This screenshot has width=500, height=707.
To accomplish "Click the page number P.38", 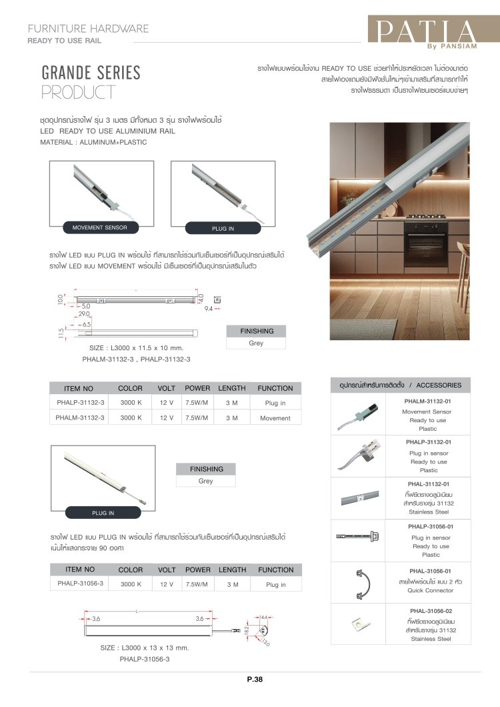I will pyautogui.click(x=255, y=680).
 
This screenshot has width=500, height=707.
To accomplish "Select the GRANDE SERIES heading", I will pyautogui.click(x=91, y=73).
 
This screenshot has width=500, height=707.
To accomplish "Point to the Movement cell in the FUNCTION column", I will pyautogui.click(x=275, y=418).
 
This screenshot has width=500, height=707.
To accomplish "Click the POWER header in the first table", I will pyautogui.click(x=197, y=388).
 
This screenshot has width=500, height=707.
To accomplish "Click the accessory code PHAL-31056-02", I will pyautogui.click(x=428, y=611).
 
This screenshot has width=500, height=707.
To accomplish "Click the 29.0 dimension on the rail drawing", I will pyautogui.click(x=84, y=313).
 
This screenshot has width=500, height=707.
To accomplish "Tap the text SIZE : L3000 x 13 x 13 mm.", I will pyautogui.click(x=145, y=648).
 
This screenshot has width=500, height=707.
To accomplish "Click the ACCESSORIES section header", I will pyautogui.click(x=401, y=386).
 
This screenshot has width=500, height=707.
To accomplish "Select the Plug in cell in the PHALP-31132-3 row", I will pyautogui.click(x=275, y=404).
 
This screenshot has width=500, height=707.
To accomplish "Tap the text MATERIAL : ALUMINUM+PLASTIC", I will pyautogui.click(x=93, y=142).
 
